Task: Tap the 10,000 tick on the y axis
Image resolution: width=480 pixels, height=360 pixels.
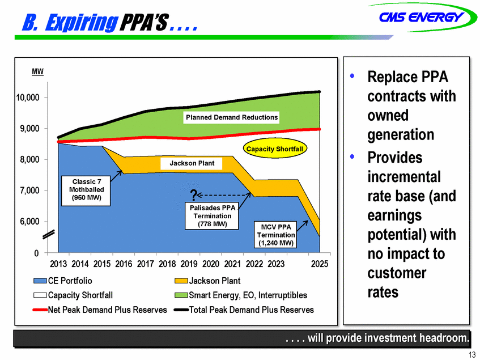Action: point(28,98)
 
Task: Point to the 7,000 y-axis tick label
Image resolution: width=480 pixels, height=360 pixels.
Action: point(29,190)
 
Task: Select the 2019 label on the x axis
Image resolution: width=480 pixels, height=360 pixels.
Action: point(189,264)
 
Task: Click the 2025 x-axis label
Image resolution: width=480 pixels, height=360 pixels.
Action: point(320,264)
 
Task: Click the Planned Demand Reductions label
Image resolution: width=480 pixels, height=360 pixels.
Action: point(232,117)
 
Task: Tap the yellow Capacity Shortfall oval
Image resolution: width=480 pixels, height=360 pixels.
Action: point(275,149)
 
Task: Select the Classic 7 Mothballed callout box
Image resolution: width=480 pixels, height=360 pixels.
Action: point(86,190)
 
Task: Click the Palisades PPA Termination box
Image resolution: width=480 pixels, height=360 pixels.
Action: point(212,216)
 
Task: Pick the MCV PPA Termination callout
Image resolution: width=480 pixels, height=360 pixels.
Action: point(276,235)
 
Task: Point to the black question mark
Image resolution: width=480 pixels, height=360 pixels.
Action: point(193,195)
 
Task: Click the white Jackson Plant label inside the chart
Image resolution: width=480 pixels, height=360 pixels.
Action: point(192,163)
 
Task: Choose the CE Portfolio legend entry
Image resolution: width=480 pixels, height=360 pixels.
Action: point(63,281)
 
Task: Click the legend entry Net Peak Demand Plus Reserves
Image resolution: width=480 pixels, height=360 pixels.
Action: point(100,310)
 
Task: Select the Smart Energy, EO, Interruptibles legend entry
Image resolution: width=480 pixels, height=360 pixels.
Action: point(241,295)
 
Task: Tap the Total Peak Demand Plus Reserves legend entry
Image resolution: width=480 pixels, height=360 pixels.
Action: point(244,310)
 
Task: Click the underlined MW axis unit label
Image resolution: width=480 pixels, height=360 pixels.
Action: point(37,71)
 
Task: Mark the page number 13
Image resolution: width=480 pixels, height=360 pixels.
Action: point(471,355)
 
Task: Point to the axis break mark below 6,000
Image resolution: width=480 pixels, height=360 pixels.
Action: point(49,234)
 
